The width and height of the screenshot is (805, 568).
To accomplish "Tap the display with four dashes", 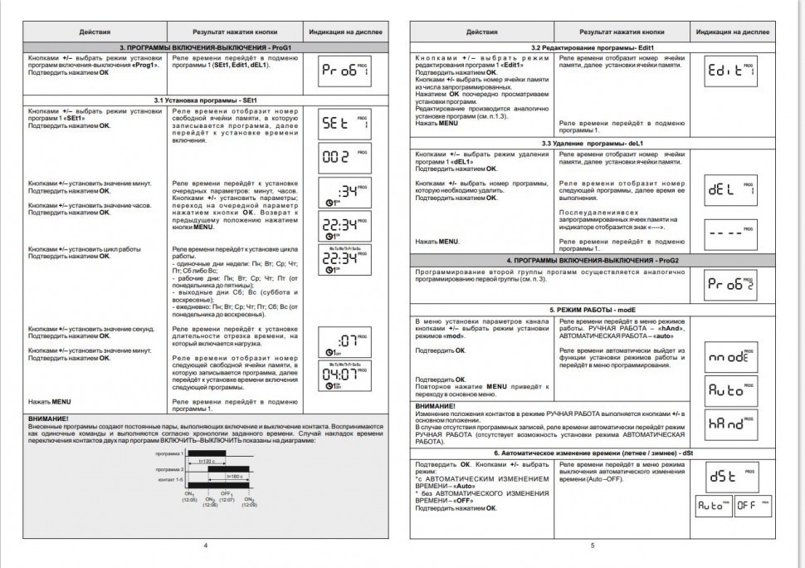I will (730, 232).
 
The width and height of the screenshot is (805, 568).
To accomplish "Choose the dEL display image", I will (730, 190).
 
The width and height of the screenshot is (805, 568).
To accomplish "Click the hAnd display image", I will (730, 424).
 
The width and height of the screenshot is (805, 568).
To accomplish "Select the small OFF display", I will (753, 505).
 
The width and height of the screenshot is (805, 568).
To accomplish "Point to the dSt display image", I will (730, 477).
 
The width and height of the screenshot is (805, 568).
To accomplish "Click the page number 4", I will (205, 545).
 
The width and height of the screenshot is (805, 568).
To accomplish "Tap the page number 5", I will (593, 545).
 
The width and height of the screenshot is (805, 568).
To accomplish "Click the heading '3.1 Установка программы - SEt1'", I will (206, 100).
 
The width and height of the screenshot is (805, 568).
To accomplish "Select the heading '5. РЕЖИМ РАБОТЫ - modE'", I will (593, 308).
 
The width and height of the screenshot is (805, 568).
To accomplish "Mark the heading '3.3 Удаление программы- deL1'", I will (593, 144).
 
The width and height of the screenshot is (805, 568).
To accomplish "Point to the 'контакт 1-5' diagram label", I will (170, 481).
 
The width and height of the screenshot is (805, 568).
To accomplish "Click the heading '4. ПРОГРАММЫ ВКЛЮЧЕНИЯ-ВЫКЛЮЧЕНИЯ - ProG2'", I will (593, 260).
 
